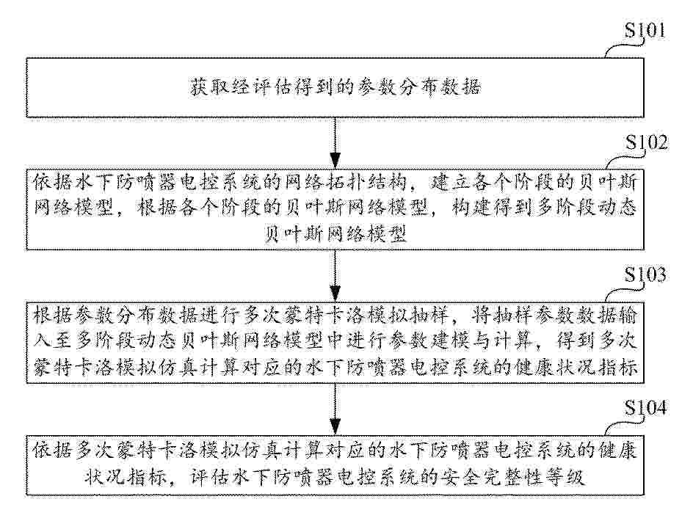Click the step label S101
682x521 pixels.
[645, 30]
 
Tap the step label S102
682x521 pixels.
[646, 142]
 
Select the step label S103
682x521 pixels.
[645, 275]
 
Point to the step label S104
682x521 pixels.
[645, 407]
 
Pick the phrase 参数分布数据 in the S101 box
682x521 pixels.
[419, 87]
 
